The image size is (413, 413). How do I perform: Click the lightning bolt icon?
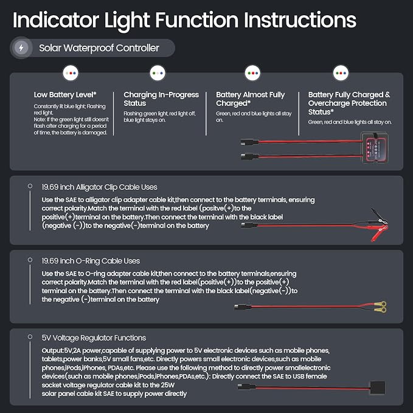point(21,47)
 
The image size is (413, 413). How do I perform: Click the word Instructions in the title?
point(300,20)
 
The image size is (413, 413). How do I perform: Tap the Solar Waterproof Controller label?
point(99,48)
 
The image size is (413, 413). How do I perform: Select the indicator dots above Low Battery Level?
point(71,73)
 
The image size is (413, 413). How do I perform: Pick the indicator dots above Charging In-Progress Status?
point(158,73)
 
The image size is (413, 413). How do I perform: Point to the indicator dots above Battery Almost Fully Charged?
point(252,73)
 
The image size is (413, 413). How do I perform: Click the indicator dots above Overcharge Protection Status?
point(341,73)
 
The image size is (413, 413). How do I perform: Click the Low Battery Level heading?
point(65,94)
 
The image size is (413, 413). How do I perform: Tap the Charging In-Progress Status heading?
point(161,99)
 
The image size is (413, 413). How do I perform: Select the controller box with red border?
point(375,148)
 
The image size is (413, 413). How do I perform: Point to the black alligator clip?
point(379,217)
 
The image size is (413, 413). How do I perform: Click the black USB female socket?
point(378,388)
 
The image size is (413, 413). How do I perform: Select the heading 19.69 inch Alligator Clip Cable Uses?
point(99,187)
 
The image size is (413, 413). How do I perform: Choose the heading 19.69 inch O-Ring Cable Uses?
point(91,261)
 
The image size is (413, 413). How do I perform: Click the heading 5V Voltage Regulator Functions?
point(94,338)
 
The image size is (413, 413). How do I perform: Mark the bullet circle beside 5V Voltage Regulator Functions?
point(30,337)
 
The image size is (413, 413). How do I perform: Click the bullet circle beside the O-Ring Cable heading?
point(30,260)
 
